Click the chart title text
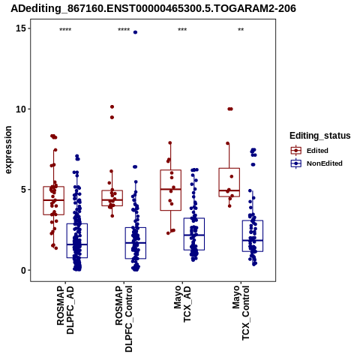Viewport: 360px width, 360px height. coord(153,8)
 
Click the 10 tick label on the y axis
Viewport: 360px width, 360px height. coord(21,109)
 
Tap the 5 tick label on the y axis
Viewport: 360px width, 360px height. coord(23,190)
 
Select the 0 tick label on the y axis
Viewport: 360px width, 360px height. coord(23,270)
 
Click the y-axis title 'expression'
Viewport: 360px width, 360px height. coord(8,150)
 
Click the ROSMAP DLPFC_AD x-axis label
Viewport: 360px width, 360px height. coord(65,310)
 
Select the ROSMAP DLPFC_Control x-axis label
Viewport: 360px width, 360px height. coord(124,319)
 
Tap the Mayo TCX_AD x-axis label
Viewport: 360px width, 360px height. coord(182,304)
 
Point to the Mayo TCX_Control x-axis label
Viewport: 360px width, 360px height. coord(241,313)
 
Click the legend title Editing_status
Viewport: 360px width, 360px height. coord(320,136)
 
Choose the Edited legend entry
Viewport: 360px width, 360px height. coord(310,151)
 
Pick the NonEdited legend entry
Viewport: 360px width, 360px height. coord(316,163)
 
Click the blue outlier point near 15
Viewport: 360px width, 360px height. coord(135,32)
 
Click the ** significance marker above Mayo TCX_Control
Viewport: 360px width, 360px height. coord(241,30)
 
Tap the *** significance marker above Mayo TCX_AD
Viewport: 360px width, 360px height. coord(182,30)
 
